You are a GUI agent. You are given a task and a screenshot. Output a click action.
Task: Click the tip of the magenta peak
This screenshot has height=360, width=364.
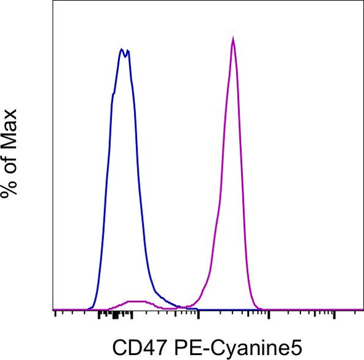pyautogui.click(x=233, y=39)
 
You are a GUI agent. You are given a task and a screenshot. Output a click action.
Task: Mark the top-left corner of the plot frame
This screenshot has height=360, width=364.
pyautogui.click(x=53, y=1)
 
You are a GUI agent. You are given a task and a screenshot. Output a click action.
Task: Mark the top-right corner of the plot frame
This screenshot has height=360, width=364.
pyautogui.click(x=363, y=1)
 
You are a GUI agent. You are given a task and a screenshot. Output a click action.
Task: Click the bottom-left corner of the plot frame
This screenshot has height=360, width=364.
pyautogui.click(x=53, y=310)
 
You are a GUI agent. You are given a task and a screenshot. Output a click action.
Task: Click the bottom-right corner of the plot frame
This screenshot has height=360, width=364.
pyautogui.click(x=363, y=310)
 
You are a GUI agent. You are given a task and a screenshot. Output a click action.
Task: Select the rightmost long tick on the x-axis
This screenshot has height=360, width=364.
pyautogui.click(x=334, y=315)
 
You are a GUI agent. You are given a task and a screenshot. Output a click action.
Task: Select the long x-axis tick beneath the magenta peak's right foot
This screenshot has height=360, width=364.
pyautogui.click(x=267, y=315)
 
